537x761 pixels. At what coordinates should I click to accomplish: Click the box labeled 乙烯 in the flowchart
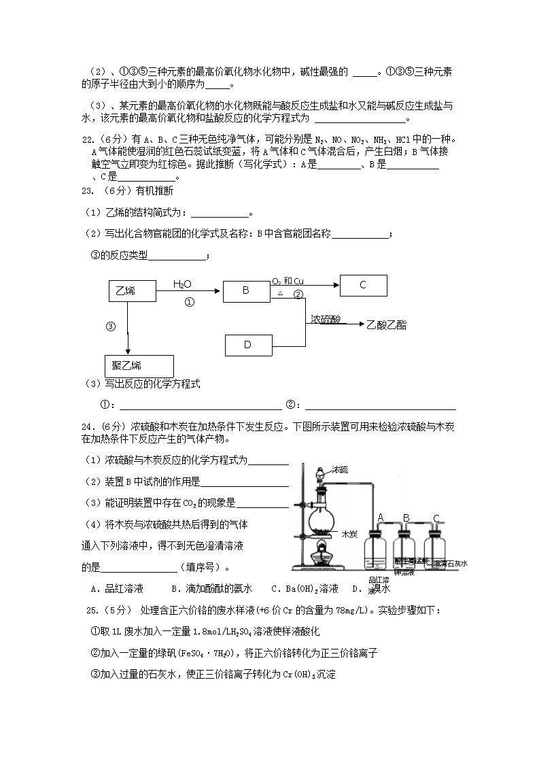point(132,290)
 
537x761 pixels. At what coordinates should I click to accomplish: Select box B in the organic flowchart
point(246,290)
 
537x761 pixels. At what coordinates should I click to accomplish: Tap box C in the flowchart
point(363,285)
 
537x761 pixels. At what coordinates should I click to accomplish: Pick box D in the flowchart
point(247,345)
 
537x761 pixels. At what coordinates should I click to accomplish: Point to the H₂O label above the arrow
point(182,284)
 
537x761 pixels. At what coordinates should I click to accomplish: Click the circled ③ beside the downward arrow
point(111,326)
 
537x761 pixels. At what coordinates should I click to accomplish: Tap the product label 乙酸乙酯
point(386,325)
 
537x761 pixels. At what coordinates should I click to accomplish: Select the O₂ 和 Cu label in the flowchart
point(288,281)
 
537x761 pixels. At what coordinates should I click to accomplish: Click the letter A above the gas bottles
point(381,518)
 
